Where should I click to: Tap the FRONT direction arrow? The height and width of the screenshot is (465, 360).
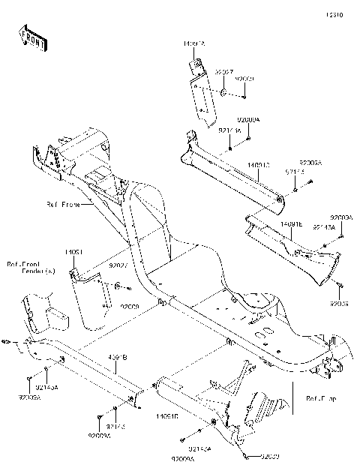click(31, 39)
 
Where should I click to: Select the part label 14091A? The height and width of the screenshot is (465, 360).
click(192, 45)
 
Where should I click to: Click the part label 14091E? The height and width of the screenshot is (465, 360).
click(290, 223)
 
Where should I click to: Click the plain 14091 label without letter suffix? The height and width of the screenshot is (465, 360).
click(73, 252)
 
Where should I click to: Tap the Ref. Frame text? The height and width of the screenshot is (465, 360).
click(61, 204)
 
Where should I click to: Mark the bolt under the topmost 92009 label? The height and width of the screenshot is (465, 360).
click(244, 96)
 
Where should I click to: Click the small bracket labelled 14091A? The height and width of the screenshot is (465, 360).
click(200, 94)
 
